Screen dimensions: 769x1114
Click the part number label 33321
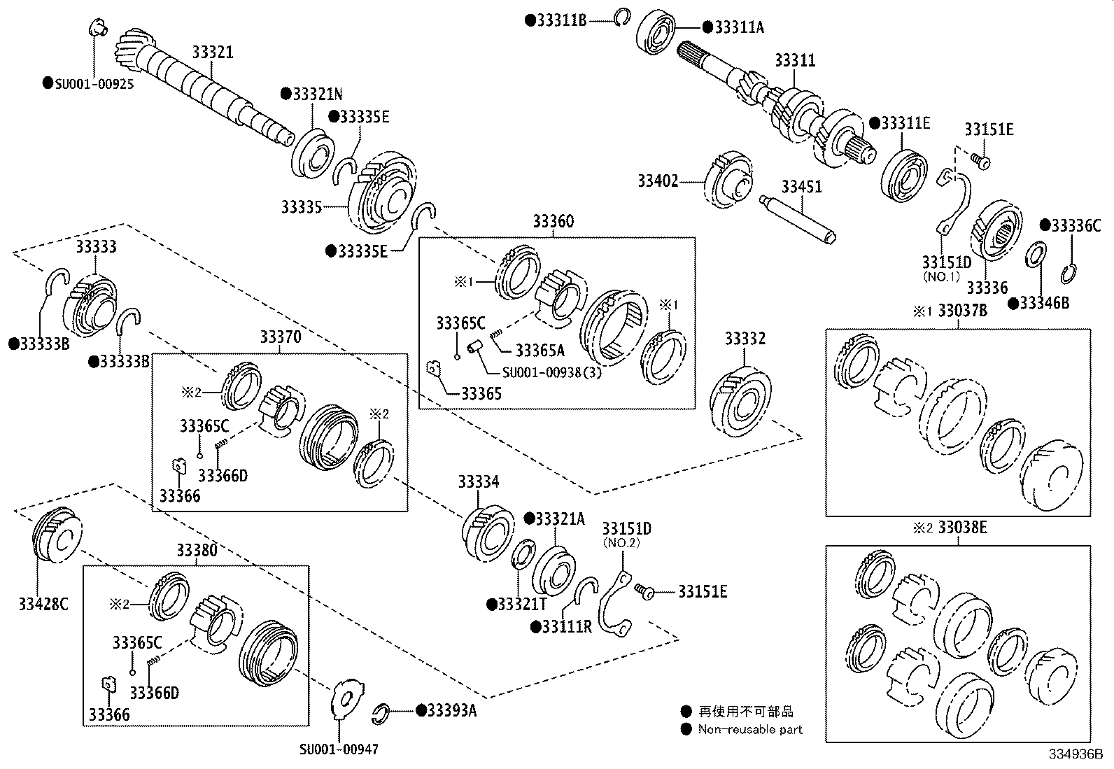click(213, 52)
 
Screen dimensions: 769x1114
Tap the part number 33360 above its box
click(553, 222)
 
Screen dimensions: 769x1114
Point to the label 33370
click(281, 337)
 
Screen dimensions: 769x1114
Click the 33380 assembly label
click(197, 550)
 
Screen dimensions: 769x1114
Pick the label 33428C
click(43, 604)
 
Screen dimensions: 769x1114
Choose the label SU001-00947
click(339, 749)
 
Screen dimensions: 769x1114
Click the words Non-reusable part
click(750, 730)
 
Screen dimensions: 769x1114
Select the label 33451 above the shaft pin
click(801, 187)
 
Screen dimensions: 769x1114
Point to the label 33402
click(658, 181)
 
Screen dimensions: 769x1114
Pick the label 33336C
click(1076, 225)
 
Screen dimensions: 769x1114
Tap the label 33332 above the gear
click(745, 339)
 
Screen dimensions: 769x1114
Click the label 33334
click(479, 482)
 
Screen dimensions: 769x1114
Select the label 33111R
click(567, 626)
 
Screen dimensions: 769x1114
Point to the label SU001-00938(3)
click(551, 372)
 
